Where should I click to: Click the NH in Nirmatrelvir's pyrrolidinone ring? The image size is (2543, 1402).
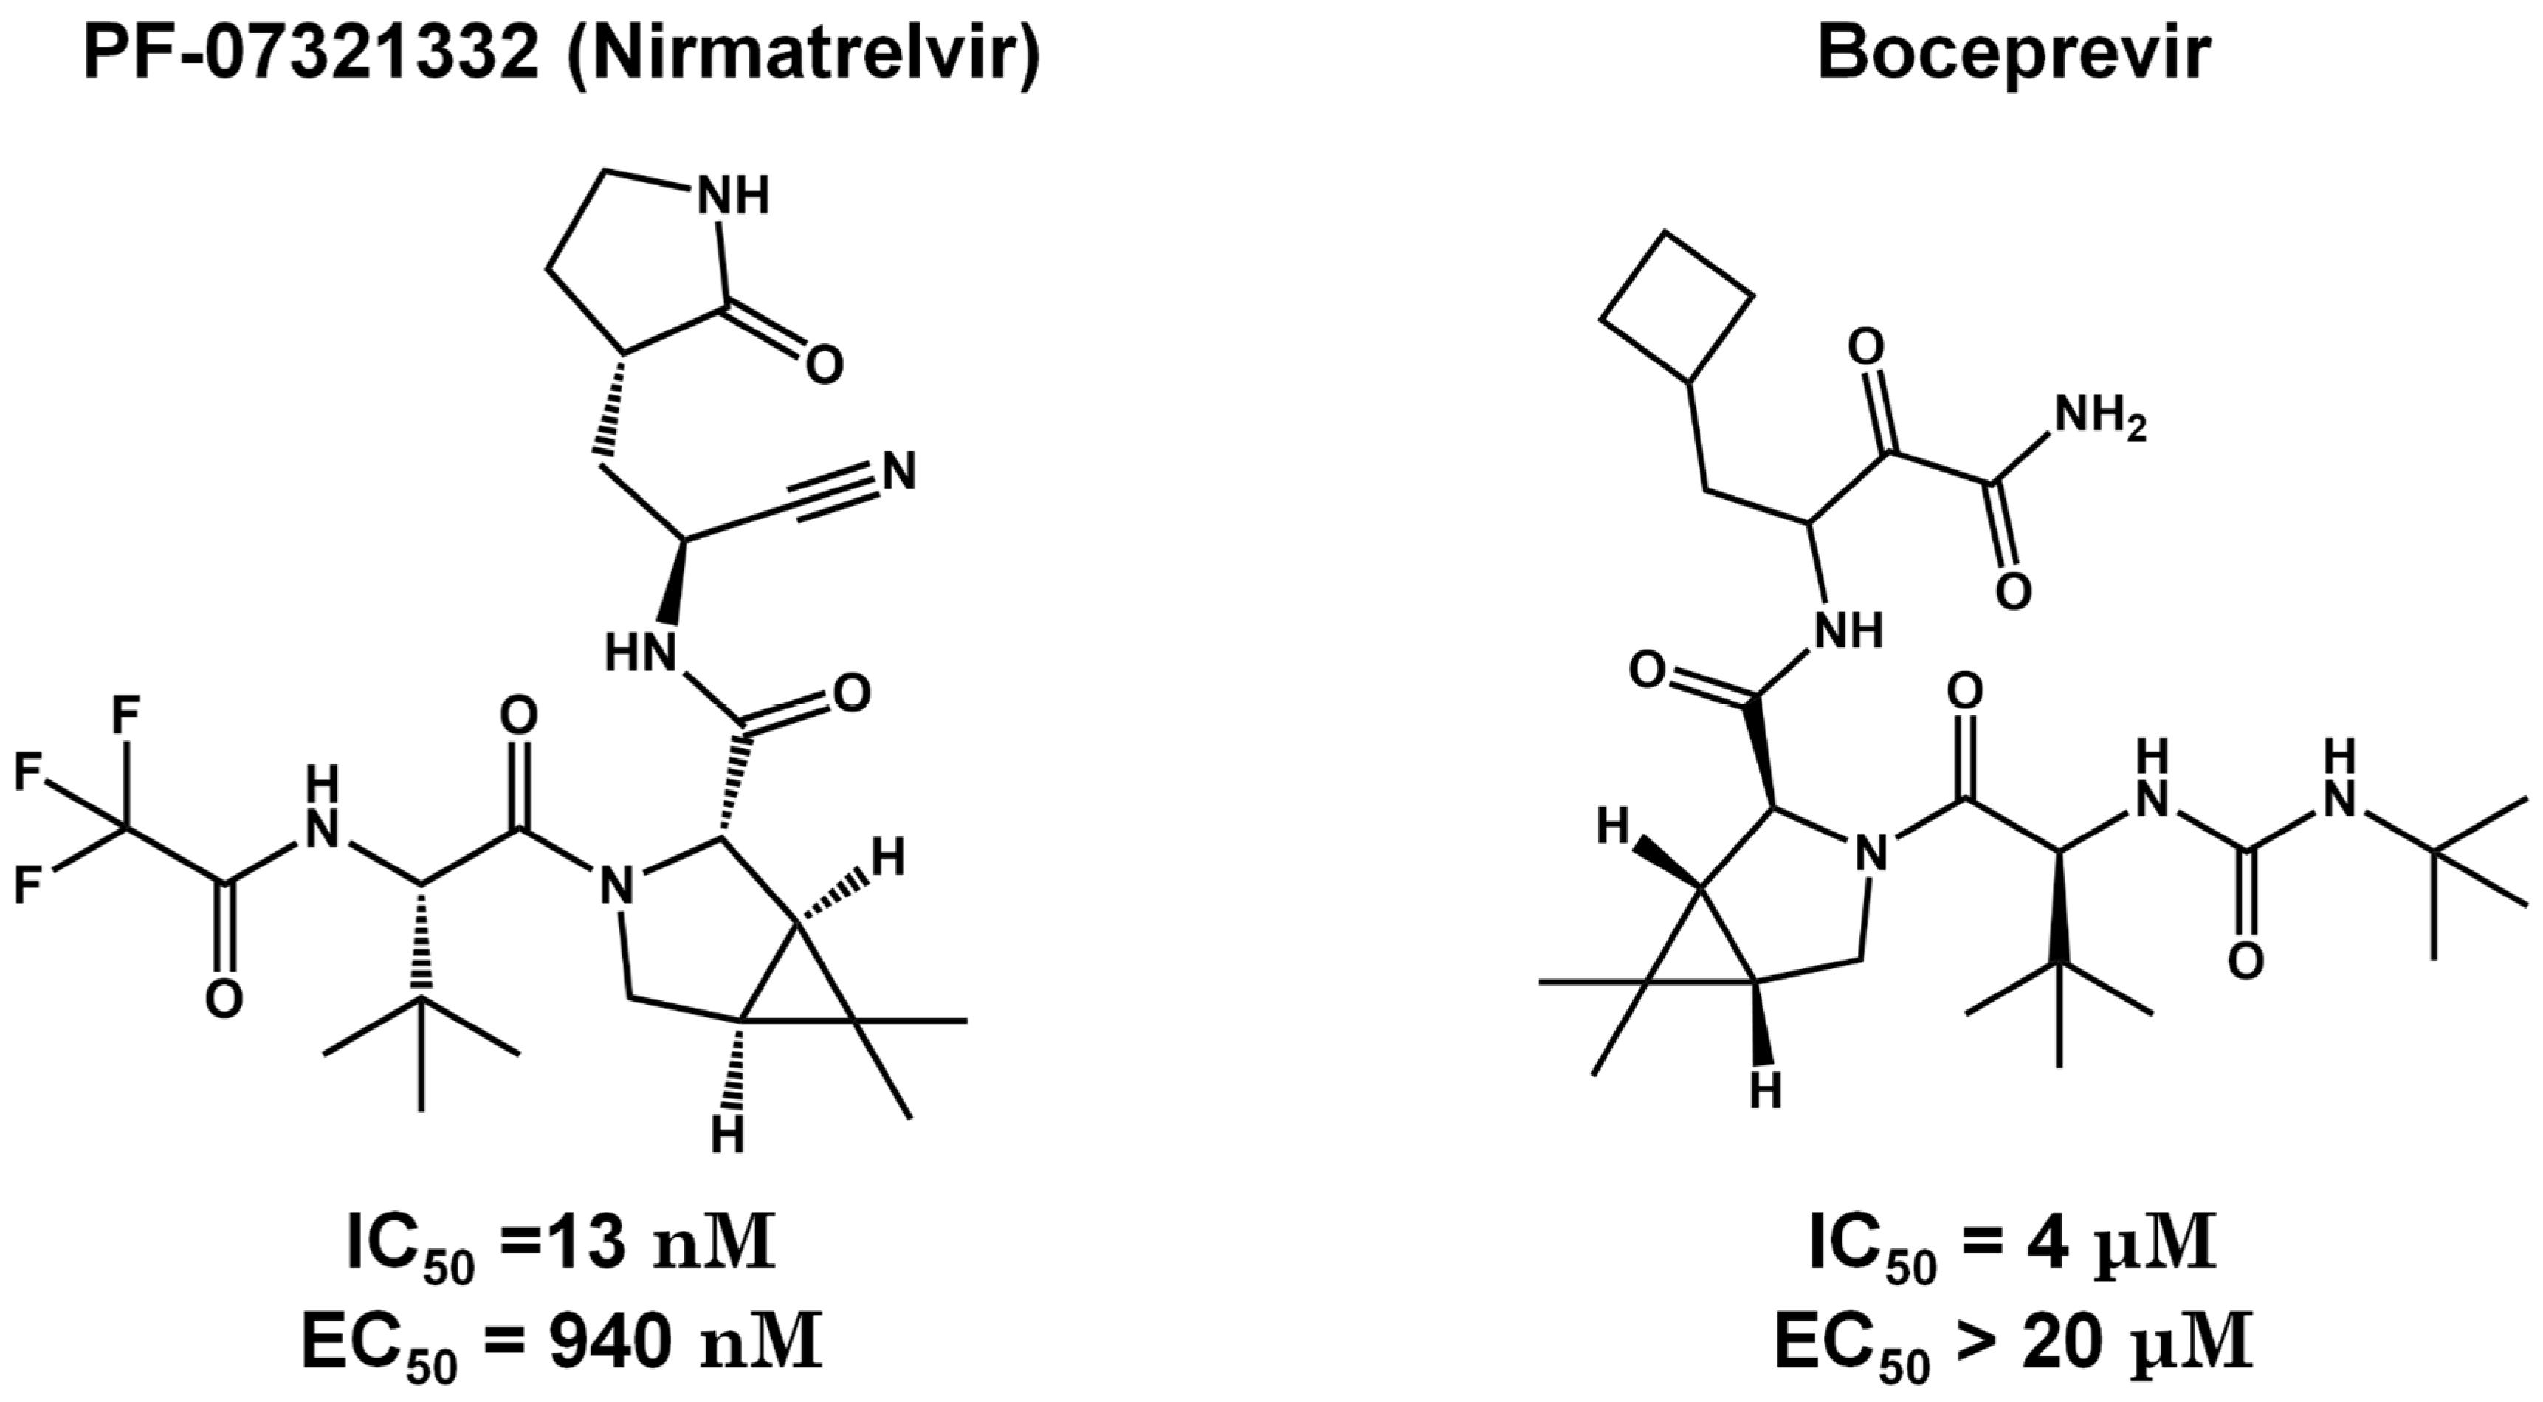click(732, 197)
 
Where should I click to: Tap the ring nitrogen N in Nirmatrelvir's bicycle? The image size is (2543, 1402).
click(617, 886)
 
